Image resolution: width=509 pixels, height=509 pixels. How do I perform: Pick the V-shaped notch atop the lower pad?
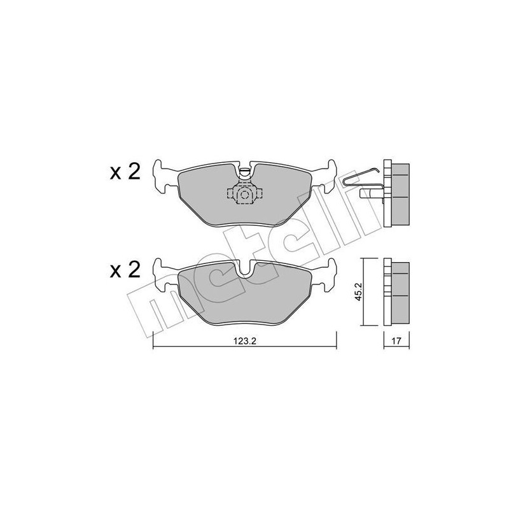(x=246, y=269)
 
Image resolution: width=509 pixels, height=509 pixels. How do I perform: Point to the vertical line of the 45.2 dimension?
(x=363, y=291)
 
